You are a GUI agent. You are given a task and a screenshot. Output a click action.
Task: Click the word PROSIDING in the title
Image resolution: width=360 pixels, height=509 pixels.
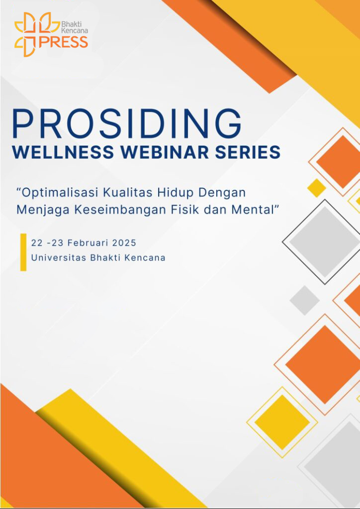[x=127, y=124]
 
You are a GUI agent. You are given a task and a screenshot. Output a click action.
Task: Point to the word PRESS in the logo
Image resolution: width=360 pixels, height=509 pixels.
[x=63, y=42]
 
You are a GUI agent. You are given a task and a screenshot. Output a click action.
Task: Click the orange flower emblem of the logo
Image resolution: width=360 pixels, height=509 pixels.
[x=29, y=34]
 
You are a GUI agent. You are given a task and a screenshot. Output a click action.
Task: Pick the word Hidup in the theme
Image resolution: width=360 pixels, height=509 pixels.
[x=176, y=193]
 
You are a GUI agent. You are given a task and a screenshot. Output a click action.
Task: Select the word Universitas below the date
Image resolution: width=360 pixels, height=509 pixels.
[x=59, y=258]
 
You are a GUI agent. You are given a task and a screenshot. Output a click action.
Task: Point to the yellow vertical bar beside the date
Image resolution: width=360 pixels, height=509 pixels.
[x=23, y=252]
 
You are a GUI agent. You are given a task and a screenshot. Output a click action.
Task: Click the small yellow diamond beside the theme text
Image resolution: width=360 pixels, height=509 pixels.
[x=317, y=187]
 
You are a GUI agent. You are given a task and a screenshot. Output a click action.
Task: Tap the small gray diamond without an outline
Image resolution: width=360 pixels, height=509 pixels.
[x=304, y=300]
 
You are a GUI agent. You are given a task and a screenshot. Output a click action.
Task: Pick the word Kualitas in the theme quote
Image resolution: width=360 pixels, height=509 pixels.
[x=129, y=193]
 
